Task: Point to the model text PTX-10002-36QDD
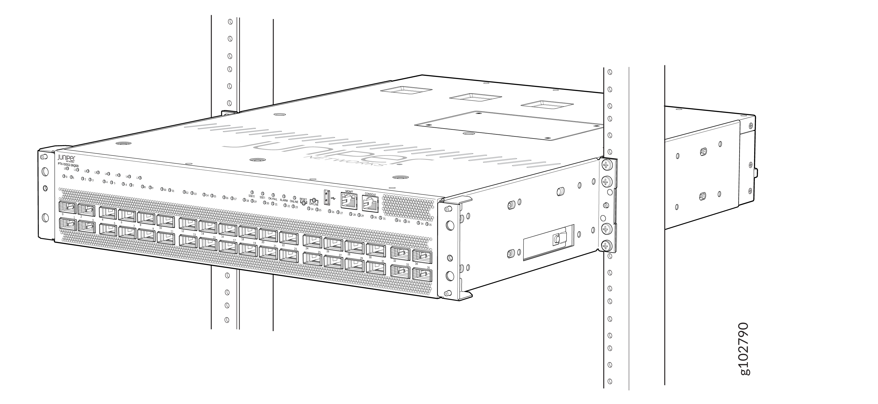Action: (x=68, y=164)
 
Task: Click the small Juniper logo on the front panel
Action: (x=64, y=158)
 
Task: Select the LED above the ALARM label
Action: (x=284, y=196)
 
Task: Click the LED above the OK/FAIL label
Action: (x=273, y=195)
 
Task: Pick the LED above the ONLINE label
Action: (x=294, y=198)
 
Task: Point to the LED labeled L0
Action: (x=68, y=168)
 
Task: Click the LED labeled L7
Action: (x=140, y=178)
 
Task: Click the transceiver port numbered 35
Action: (x=422, y=274)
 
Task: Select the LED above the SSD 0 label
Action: (x=252, y=192)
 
